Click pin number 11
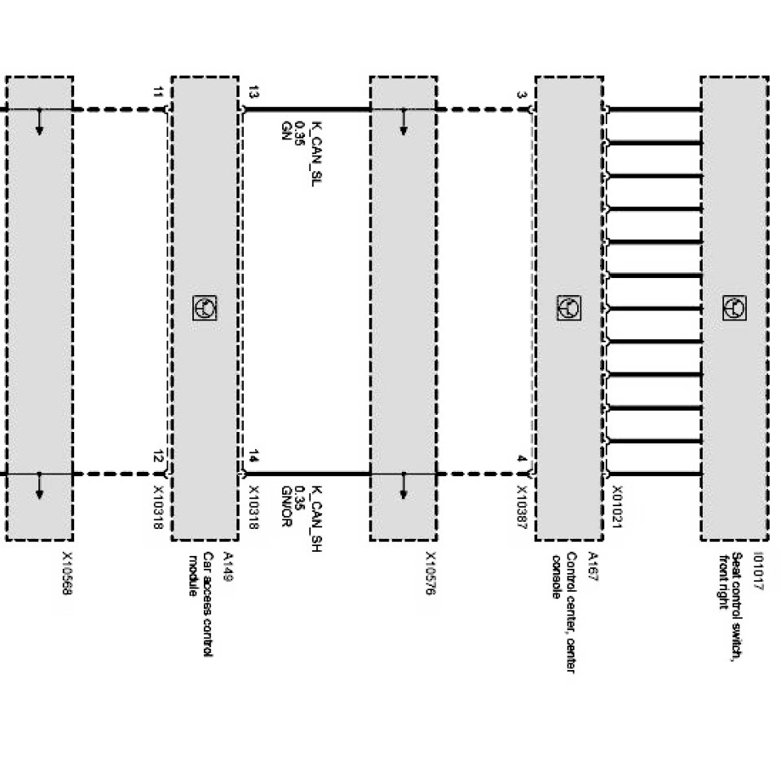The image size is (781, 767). [x=157, y=91]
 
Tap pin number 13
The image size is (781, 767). [x=253, y=91]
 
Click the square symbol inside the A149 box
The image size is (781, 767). [x=204, y=308]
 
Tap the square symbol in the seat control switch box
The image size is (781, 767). [x=733, y=308]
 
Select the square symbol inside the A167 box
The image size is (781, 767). [x=567, y=308]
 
